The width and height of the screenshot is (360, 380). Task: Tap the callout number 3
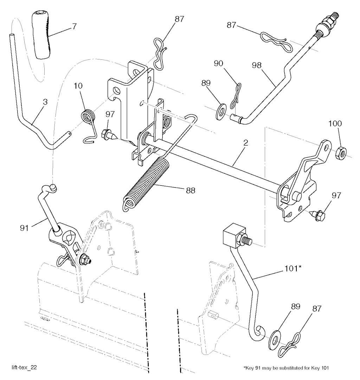[45, 102]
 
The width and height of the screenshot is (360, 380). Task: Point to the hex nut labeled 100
[341, 153]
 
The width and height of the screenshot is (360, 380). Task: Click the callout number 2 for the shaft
[246, 142]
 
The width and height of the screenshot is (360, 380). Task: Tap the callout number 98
[257, 65]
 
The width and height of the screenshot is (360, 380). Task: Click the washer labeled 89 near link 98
[221, 111]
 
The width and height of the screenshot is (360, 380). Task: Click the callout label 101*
[293, 269]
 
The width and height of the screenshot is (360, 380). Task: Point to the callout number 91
[24, 228]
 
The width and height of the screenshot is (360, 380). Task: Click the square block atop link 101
[234, 234]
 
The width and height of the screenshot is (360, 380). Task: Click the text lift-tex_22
[24, 367]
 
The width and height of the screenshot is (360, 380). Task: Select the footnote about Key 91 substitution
[286, 368]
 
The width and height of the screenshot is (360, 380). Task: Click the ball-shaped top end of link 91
[53, 188]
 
